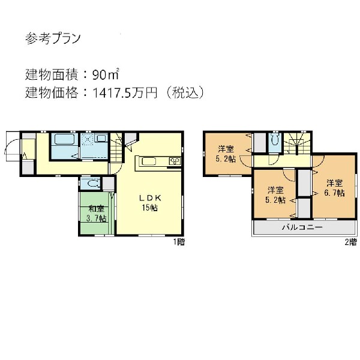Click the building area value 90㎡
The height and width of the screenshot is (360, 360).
click(x=106, y=75)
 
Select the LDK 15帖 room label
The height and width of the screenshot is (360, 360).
click(x=149, y=203)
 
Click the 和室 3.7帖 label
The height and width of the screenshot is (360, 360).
click(x=97, y=214)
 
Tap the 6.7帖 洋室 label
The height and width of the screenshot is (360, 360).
click(x=335, y=188)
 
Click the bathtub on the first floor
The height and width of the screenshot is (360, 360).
click(x=62, y=142)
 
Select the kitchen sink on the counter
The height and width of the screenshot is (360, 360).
click(x=149, y=161)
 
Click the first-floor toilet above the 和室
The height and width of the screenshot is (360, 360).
click(x=92, y=184)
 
